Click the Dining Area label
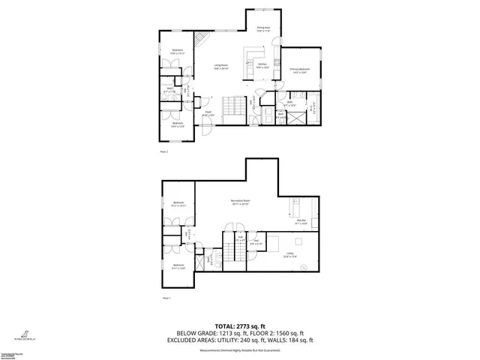262,30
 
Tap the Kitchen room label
262,66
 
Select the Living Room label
220,68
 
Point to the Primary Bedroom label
300,70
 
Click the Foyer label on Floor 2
208,115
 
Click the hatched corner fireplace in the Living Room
200,39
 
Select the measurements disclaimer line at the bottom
239,349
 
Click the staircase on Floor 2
235,105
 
